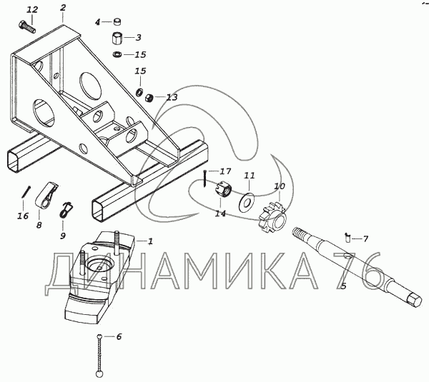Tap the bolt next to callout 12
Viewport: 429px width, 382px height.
pos(28,26)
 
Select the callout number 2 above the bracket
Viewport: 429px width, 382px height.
pos(62,8)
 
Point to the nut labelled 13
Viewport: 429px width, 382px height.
pos(150,97)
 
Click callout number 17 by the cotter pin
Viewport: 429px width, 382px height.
pos(225,171)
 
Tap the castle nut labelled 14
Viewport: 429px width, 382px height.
pos(222,191)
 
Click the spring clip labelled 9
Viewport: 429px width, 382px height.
pos(66,209)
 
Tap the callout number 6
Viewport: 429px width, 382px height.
pos(119,336)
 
